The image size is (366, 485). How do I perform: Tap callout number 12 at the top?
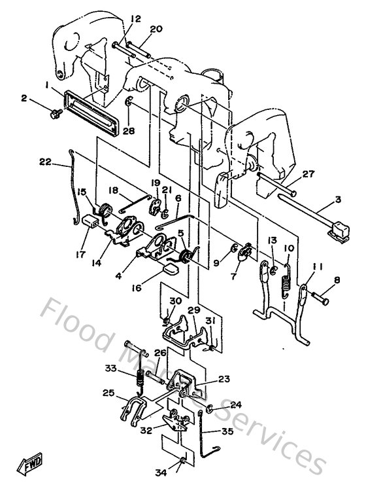click(x=135, y=19)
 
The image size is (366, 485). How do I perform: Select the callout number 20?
click(x=156, y=29)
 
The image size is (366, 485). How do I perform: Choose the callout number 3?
click(x=339, y=200)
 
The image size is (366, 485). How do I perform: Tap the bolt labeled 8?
click(x=323, y=298)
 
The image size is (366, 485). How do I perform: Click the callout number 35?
click(x=227, y=433)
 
